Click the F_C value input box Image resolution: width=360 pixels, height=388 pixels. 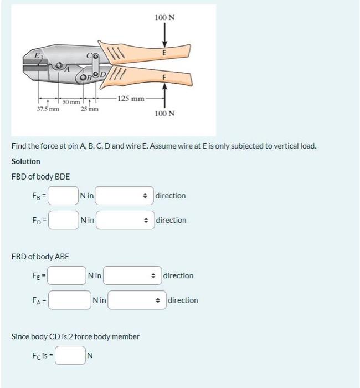(x=69, y=355)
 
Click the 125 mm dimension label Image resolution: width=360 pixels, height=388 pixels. (x=131, y=98)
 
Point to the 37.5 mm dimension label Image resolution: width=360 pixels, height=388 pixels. (x=48, y=109)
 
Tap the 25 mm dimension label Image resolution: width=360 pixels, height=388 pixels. (x=90, y=109)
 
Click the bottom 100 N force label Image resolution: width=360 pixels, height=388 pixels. (x=164, y=113)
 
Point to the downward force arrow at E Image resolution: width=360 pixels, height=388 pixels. (x=164, y=38)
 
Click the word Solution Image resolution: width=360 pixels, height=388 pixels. (x=25, y=161)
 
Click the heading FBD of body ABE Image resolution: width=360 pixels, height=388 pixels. (x=40, y=257)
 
